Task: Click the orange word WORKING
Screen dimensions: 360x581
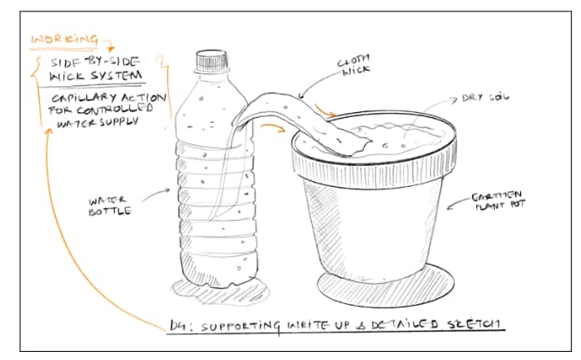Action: pyautogui.click(x=63, y=38)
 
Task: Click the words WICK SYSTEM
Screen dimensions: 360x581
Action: pyautogui.click(x=97, y=76)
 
